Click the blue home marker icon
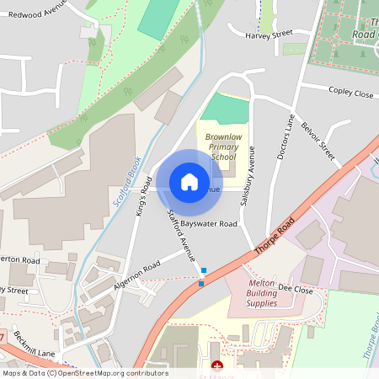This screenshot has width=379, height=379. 189,181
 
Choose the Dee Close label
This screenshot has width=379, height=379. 296,289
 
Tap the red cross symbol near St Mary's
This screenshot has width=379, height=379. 217,366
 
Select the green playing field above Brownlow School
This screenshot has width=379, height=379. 227,109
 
